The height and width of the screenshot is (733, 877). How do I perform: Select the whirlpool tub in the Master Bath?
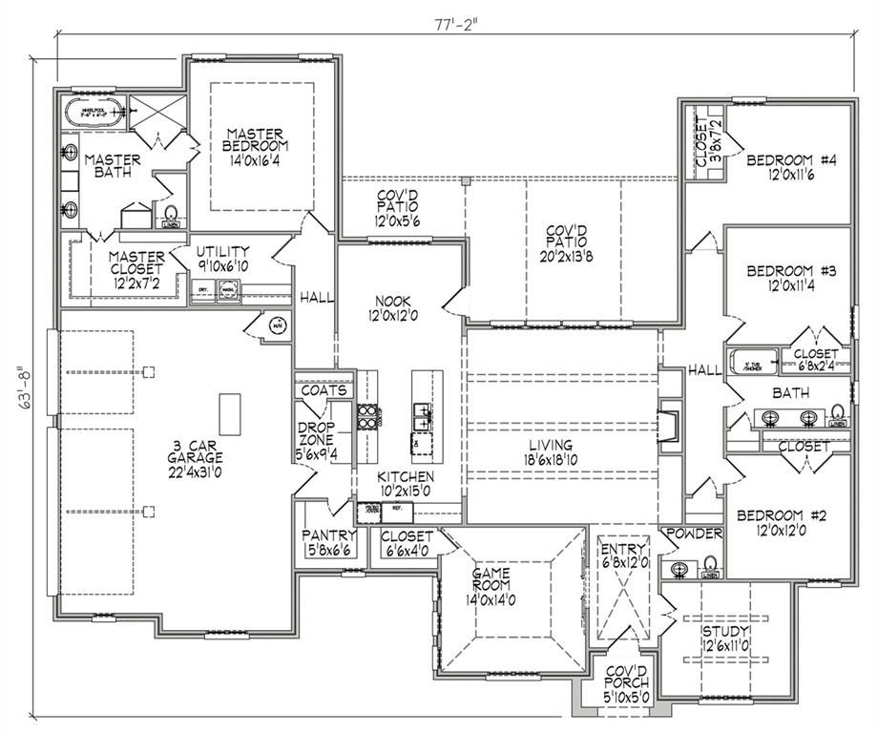94,114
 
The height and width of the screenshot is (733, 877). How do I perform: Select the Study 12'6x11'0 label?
725,638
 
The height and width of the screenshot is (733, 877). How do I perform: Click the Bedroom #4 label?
791,167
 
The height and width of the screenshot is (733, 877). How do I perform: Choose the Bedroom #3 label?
791,278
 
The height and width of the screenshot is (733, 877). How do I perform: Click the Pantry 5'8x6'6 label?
328,542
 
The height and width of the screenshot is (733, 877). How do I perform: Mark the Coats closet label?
324,391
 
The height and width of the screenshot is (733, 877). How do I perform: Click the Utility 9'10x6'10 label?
222,258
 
